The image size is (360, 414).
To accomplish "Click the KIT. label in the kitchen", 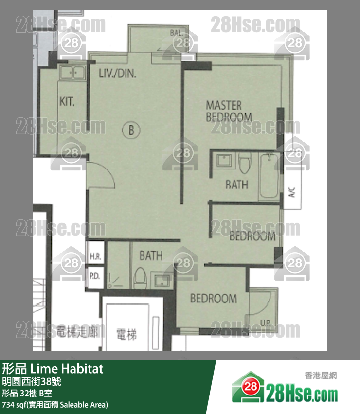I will point(67,102).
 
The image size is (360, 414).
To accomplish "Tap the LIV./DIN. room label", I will point(117,74).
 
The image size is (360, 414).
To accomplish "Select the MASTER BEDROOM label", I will point(229,111).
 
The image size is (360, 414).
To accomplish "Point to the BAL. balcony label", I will point(176,33).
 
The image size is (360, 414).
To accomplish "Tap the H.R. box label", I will point(94,256).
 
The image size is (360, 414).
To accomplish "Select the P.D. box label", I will point(94,276).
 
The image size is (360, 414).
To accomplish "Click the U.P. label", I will point(265,322).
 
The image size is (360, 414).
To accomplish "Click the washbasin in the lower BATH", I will point(161,281).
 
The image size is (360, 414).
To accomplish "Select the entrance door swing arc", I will point(102,175).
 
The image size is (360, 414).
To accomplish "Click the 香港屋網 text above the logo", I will point(321,376).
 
